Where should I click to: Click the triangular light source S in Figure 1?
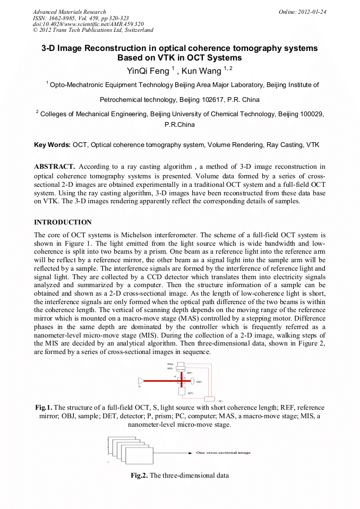tap(141, 381)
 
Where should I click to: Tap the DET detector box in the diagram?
tap(182, 392)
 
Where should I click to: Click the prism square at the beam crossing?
tap(182, 381)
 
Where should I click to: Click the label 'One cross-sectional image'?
tap(223, 453)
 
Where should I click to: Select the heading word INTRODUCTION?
tap(63, 222)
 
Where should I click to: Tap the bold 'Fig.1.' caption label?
tap(44, 408)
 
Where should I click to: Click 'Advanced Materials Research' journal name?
tap(69, 12)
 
